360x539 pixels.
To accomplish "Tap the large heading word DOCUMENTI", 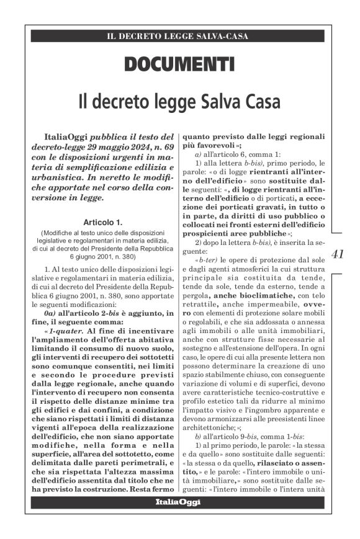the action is pyautogui.click(x=179, y=63).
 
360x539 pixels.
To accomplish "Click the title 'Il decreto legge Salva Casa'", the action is pyautogui.click(x=179, y=100).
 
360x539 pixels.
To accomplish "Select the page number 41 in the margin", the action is pyautogui.click(x=338, y=254).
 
